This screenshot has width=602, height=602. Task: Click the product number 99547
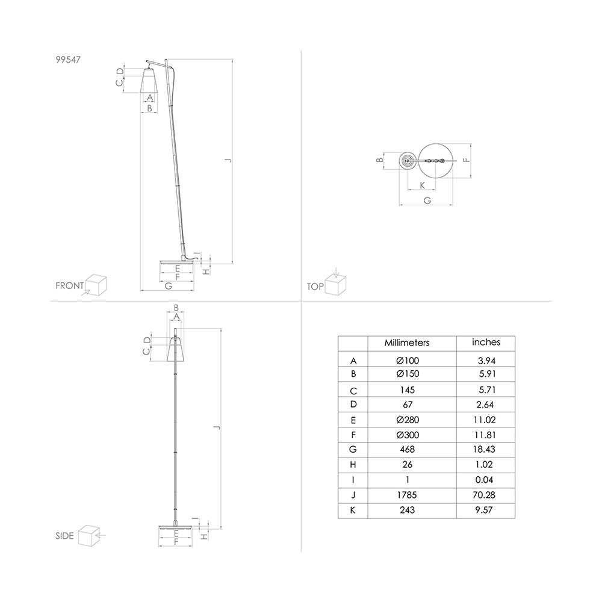pos(68,60)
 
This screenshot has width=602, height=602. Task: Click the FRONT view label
pos(69,285)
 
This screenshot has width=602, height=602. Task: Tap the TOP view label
pos(315,287)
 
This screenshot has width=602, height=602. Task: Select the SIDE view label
pos(64,536)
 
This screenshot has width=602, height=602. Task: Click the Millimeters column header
pos(407,343)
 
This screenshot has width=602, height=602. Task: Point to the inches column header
pos(486,342)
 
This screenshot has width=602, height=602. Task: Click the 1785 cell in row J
pos(407,495)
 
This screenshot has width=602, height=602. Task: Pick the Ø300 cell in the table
pos(408,435)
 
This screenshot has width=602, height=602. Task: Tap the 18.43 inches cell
pos(484,449)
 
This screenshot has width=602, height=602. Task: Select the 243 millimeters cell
pos(407,510)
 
